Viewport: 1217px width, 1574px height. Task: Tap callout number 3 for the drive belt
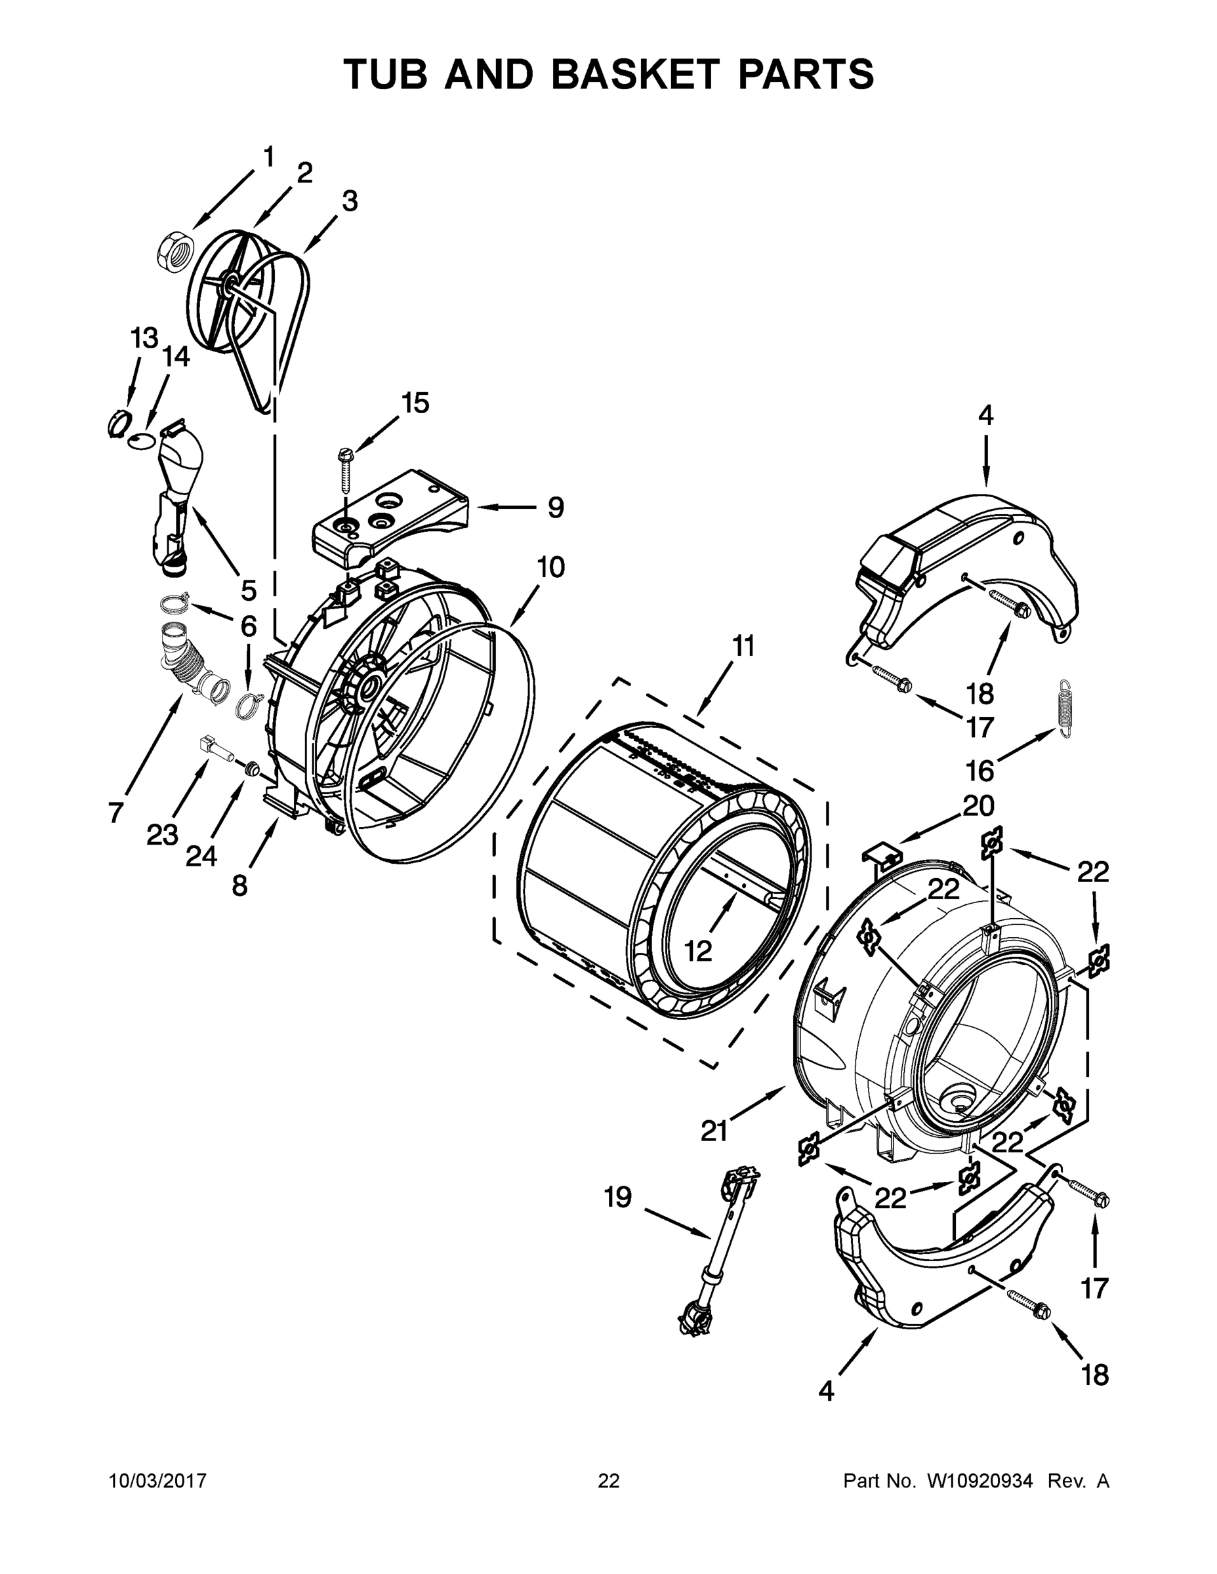pos(349,202)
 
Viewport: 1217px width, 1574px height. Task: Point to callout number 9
pos(555,508)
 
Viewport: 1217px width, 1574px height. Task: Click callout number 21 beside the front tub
pos(714,1131)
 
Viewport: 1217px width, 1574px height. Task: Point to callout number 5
pos(248,590)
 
